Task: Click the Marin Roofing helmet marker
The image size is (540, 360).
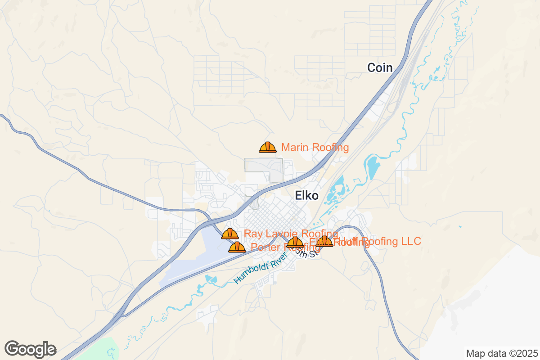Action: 268,147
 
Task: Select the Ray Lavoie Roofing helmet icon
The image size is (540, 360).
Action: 230,234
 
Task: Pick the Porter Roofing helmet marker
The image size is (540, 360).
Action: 237,247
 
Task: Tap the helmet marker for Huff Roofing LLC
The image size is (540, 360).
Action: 324,242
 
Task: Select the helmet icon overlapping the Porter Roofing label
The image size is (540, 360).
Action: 295,243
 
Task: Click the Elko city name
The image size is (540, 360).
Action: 306,195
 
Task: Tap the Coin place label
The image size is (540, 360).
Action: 380,68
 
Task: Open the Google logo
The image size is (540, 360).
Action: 30,349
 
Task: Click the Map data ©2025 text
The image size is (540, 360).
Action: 501,353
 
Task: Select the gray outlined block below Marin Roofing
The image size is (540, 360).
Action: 263,165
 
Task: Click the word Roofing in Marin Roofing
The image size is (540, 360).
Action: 330,147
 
